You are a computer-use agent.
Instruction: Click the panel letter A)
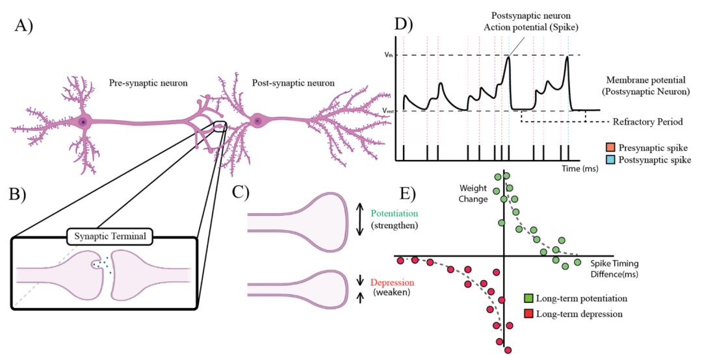coord(25,28)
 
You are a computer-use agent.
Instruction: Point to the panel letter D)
coord(404,25)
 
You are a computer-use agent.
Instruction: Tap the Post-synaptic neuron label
coord(293,83)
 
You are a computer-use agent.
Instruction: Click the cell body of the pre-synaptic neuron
coord(83,122)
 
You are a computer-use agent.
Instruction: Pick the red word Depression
coord(392,283)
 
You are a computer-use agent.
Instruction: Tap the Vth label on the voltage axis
coord(387,55)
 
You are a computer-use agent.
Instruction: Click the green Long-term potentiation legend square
coord(529,298)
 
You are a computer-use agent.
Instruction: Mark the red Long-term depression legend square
coord(529,314)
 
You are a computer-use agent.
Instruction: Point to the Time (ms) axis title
coord(580,168)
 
